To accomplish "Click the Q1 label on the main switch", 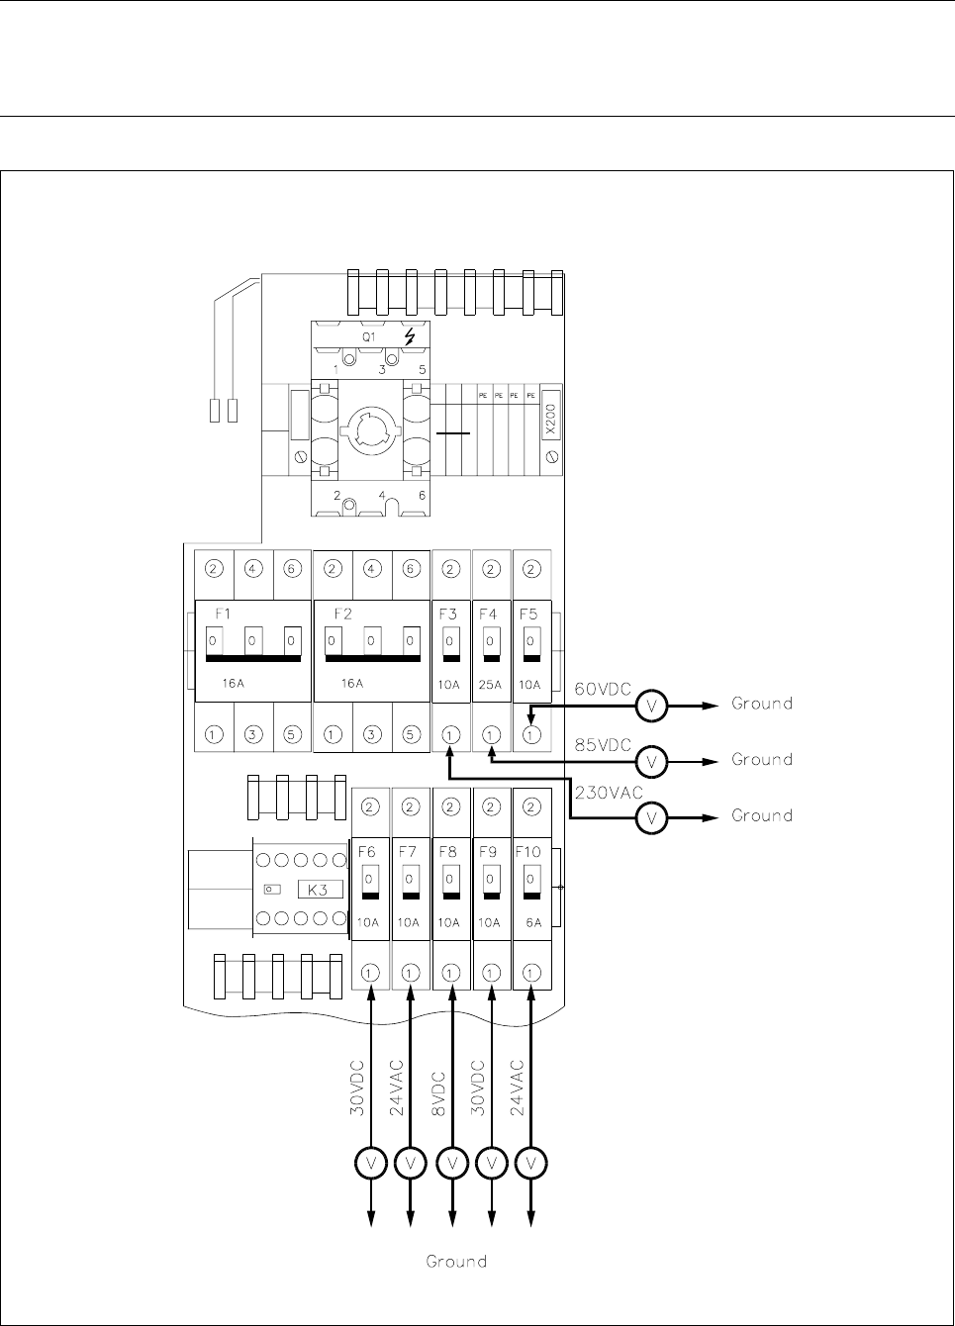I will (x=368, y=336).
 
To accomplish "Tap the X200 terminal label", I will (x=551, y=421).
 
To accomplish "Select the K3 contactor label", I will (x=321, y=889).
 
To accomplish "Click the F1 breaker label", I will (x=223, y=614).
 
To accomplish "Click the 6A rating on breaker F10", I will (x=533, y=921).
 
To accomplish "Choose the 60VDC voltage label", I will (x=603, y=689).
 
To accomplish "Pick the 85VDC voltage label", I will (x=603, y=744).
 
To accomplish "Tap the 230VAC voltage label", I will (x=609, y=793).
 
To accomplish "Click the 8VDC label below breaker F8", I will (x=439, y=1093).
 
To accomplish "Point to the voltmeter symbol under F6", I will (x=371, y=1164).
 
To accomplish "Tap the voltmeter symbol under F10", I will (x=532, y=1164).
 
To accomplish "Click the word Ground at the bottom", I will (x=456, y=1262).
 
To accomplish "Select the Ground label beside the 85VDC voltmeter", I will (x=762, y=760).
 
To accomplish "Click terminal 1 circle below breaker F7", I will (x=411, y=973).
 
